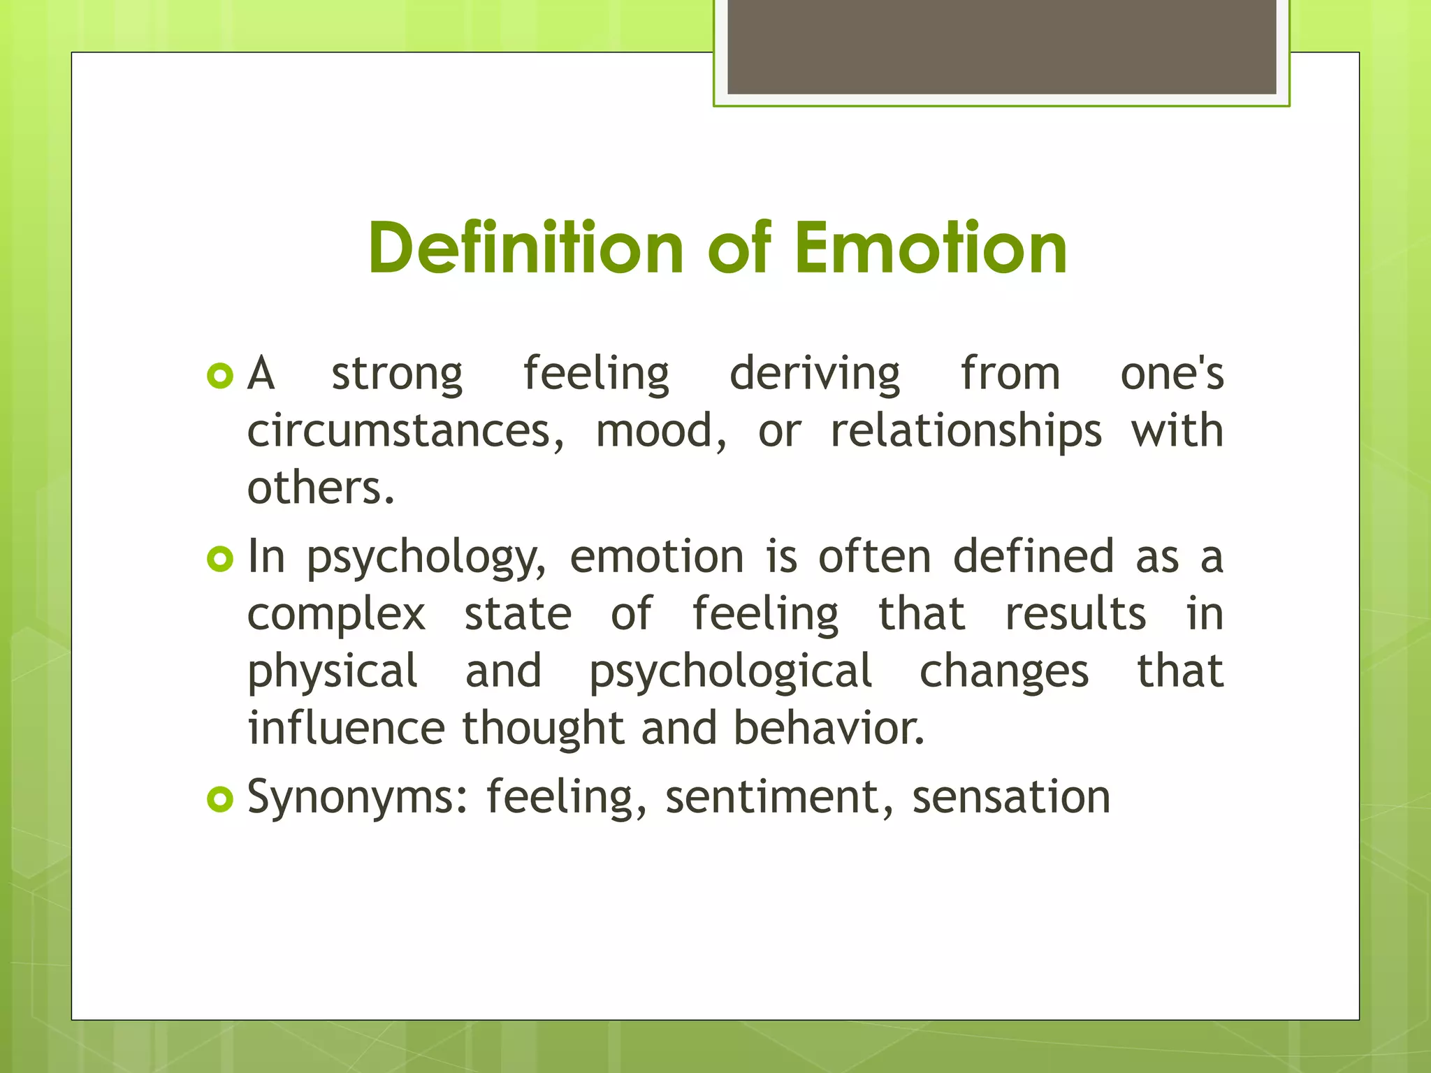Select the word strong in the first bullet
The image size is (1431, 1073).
397,374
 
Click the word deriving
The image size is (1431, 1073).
815,374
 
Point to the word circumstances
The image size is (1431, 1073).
405,431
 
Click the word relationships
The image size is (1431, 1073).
966,431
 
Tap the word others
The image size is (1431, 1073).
321,488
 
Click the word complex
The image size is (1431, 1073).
337,615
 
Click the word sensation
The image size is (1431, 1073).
1011,798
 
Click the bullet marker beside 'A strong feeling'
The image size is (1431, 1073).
219,377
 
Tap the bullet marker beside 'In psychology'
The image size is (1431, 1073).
219,559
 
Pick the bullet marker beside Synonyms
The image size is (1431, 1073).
219,799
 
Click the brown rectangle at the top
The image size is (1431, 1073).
1001,46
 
